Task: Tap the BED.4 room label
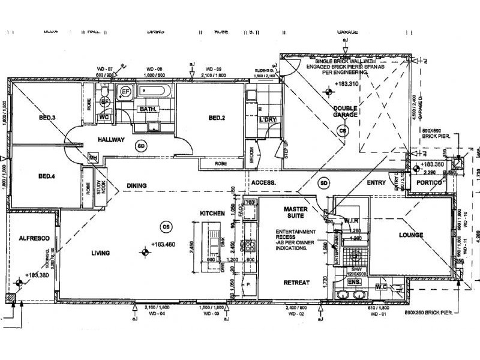point(46,176)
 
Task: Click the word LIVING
point(100,253)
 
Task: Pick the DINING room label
point(136,186)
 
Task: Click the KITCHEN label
point(212,214)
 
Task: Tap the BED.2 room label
point(217,118)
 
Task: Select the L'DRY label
point(267,121)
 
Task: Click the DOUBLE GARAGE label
point(346,112)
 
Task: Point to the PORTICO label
point(431,182)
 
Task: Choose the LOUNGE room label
point(411,235)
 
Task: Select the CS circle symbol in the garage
point(343,130)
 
